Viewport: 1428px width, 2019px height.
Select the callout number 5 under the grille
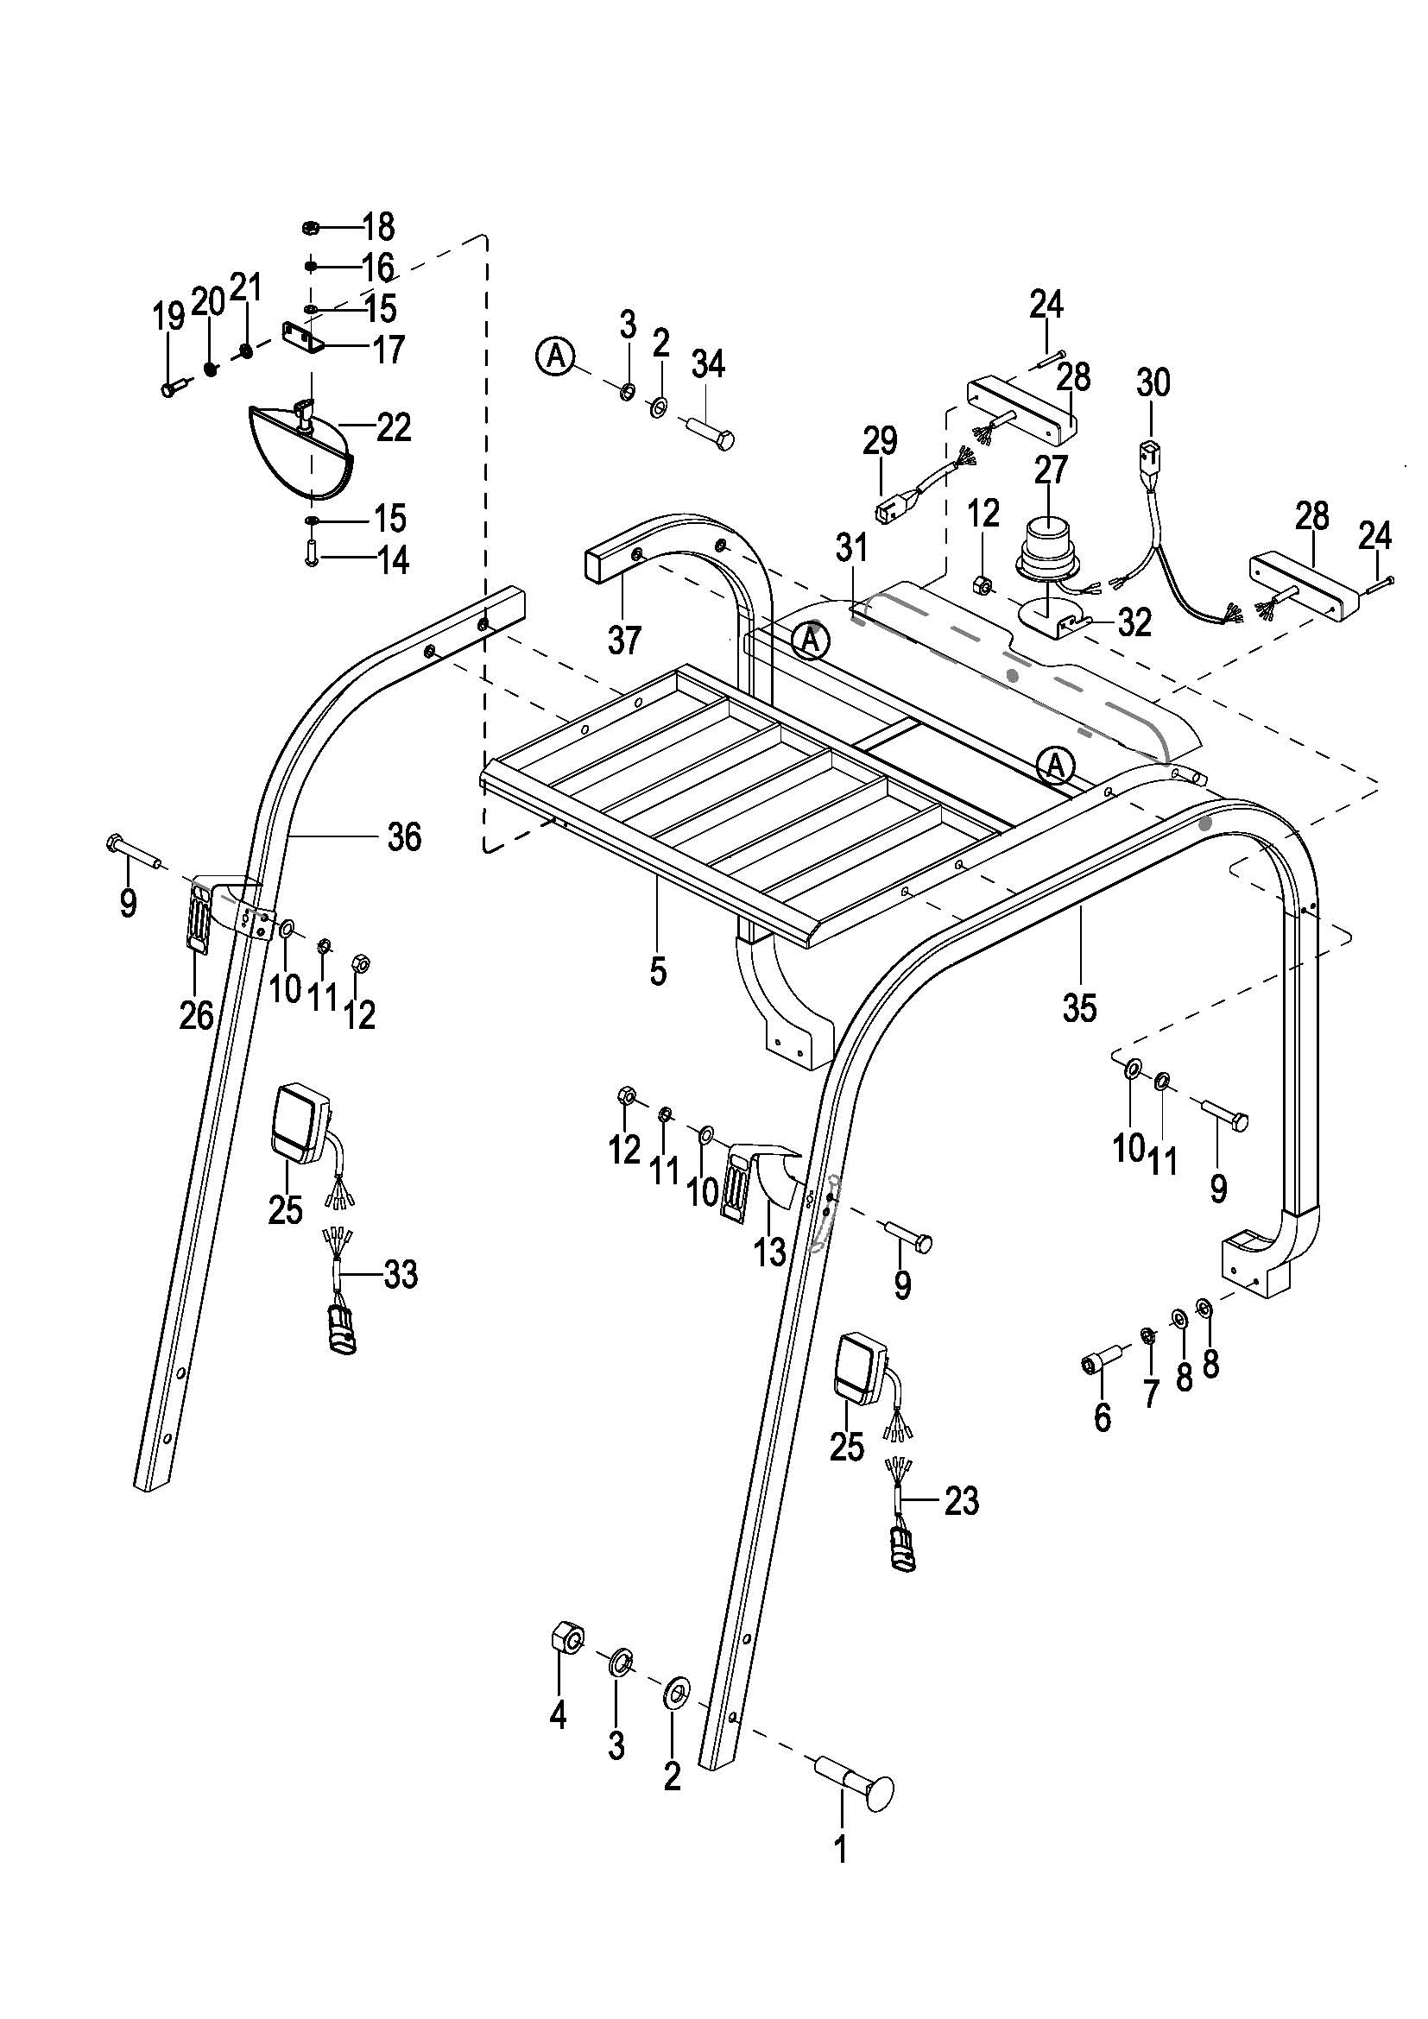click(x=658, y=972)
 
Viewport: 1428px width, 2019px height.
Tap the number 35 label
click(x=1079, y=1008)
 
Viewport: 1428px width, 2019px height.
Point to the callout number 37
click(x=624, y=640)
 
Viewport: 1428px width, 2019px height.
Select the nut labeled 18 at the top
click(x=311, y=228)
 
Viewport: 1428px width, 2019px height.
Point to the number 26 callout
click(x=196, y=1016)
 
